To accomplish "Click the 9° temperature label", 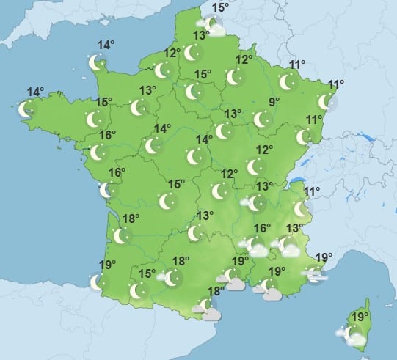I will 274,102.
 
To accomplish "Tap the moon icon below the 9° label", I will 261,119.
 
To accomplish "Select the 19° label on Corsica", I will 360,317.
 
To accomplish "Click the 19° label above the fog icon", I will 324,257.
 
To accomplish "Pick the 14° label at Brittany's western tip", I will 35,92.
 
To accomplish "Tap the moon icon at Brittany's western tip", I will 25,110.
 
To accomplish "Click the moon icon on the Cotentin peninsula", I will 96,63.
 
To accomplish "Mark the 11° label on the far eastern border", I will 337,84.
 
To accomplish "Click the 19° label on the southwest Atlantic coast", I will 107,265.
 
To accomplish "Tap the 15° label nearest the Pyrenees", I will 147,274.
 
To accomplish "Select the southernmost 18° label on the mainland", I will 215,291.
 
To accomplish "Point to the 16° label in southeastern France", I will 262,228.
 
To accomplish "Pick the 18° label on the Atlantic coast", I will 131,218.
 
